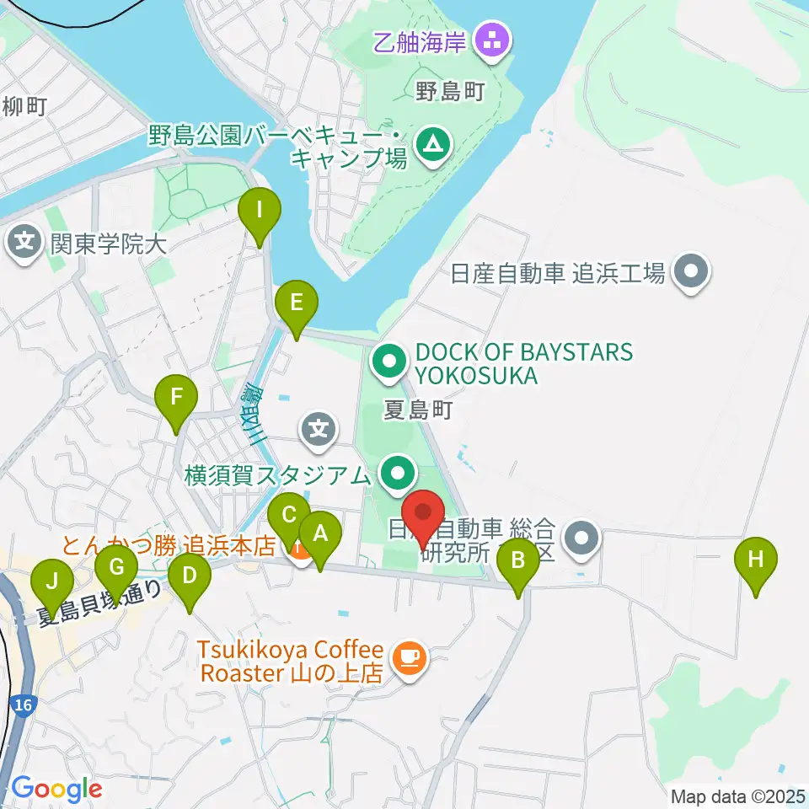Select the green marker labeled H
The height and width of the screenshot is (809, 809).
click(x=756, y=560)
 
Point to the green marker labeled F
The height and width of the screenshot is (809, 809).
click(x=176, y=397)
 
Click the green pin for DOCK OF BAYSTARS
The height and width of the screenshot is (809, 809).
click(x=389, y=362)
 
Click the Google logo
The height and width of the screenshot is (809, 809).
click(x=56, y=790)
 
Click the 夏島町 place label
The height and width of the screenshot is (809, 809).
click(x=419, y=410)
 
